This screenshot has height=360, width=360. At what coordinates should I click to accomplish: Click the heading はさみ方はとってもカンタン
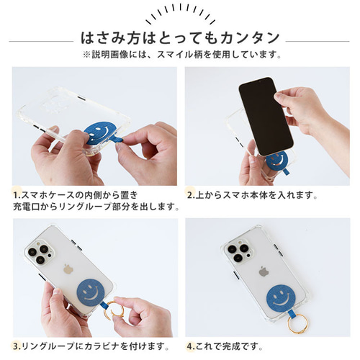pos(179,37)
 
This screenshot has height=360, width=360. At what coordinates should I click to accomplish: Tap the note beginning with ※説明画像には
pos(179,55)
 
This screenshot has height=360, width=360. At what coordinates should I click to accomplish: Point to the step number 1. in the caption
pos(15,194)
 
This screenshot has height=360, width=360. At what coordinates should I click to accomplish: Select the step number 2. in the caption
pos(192,194)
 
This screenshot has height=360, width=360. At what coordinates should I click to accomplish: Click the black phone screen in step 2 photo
pos(265,114)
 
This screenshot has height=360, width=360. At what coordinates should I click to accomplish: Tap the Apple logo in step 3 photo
pos(68,269)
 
